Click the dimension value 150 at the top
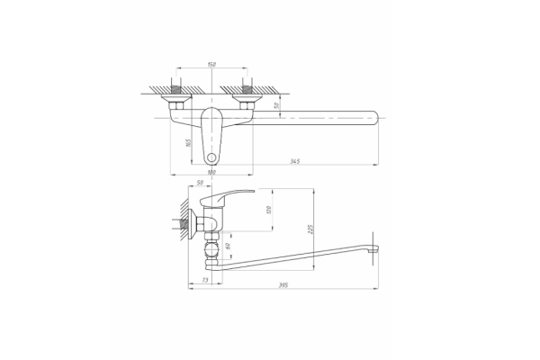(211, 64)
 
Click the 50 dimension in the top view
(277, 104)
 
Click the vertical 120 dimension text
(268, 210)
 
